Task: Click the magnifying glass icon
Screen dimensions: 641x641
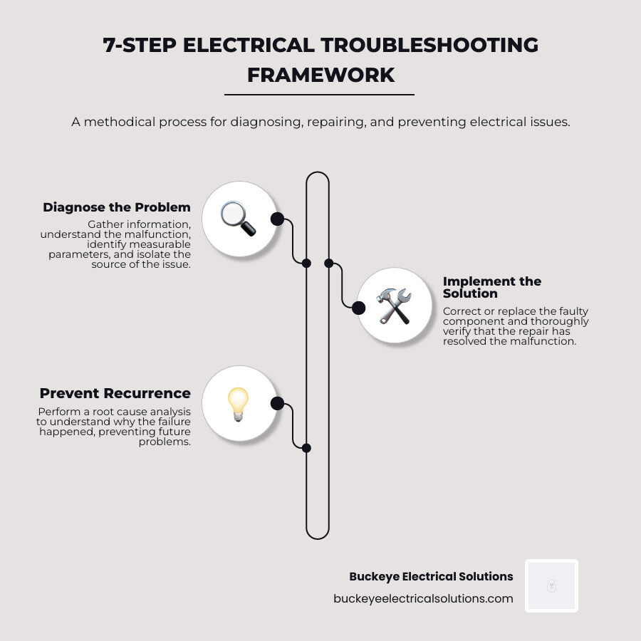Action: [x=239, y=219]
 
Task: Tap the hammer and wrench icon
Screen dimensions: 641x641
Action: [x=394, y=306]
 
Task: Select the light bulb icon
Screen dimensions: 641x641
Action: [x=239, y=404]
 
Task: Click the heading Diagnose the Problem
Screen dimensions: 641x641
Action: [x=117, y=207]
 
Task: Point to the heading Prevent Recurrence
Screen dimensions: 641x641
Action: [x=115, y=393]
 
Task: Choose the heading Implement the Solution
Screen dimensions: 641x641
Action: [x=491, y=287]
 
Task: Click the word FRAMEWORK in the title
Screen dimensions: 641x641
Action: [x=320, y=75]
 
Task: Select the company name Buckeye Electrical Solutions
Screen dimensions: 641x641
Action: [x=431, y=576]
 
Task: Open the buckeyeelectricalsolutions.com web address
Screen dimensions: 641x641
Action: [x=423, y=598]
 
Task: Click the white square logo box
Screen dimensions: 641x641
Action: [x=551, y=585]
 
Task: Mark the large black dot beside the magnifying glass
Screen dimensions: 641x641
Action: [x=277, y=219]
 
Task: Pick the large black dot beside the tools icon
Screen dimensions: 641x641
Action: [x=359, y=308]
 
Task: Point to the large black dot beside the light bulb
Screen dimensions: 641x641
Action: [x=277, y=404]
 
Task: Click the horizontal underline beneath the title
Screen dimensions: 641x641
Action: [x=319, y=94]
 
